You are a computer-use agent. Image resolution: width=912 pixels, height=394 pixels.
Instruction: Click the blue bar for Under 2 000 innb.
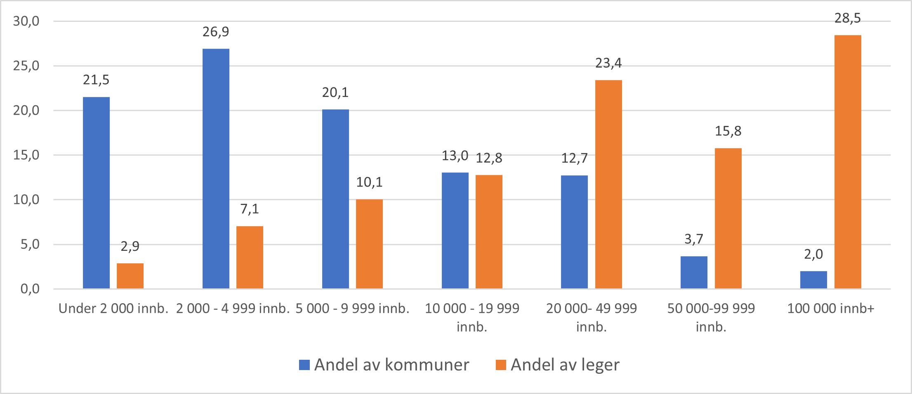[x=96, y=193]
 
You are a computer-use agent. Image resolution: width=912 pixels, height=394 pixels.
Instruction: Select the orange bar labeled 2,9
[x=130, y=276]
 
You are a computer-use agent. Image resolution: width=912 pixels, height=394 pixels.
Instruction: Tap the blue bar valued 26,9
[x=216, y=168]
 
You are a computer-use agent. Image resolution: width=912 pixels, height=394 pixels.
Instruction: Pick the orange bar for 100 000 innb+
[x=848, y=162]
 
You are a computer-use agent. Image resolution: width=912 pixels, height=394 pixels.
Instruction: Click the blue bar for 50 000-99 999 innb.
[x=694, y=272]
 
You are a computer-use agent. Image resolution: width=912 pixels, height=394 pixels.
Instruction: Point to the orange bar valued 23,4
[x=608, y=184]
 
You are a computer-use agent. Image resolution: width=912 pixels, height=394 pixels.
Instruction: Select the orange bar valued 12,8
[x=489, y=231]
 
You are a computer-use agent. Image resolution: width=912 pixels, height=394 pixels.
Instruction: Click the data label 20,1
[x=335, y=92]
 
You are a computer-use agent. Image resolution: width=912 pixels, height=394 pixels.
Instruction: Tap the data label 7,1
[x=250, y=209]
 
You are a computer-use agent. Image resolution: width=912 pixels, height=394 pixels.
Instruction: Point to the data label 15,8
[x=728, y=131]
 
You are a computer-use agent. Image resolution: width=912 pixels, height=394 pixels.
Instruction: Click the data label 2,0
[x=813, y=254]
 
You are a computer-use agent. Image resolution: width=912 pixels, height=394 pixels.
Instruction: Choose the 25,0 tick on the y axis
[x=26, y=66]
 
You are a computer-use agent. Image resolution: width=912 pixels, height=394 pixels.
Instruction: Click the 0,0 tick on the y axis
[x=30, y=289]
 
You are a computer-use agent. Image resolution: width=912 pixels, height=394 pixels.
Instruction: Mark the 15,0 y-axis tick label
[x=26, y=155]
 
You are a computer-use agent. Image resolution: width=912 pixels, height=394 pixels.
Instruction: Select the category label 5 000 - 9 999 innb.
[x=352, y=309]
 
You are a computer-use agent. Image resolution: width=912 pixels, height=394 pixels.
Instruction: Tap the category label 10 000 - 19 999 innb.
[x=472, y=317]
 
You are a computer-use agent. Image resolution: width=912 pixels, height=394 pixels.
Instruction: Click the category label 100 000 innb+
[x=830, y=309]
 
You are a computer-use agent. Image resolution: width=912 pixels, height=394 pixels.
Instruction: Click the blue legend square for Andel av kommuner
[x=304, y=365]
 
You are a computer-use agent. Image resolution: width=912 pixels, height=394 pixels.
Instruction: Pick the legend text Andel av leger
[x=565, y=365]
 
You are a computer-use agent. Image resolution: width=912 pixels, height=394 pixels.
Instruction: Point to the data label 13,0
[x=455, y=156]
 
